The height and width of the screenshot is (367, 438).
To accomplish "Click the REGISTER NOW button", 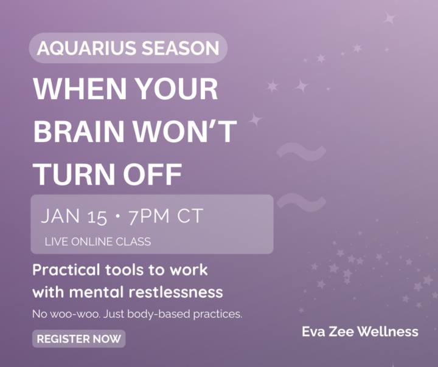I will click(x=78, y=339).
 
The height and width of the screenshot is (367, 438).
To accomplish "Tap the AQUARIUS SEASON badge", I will click(x=128, y=48).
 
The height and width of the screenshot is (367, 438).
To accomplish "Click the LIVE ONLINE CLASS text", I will click(x=98, y=241).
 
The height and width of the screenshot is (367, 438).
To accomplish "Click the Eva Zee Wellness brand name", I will click(x=360, y=331).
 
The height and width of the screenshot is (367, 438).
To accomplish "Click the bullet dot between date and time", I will click(x=117, y=216).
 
